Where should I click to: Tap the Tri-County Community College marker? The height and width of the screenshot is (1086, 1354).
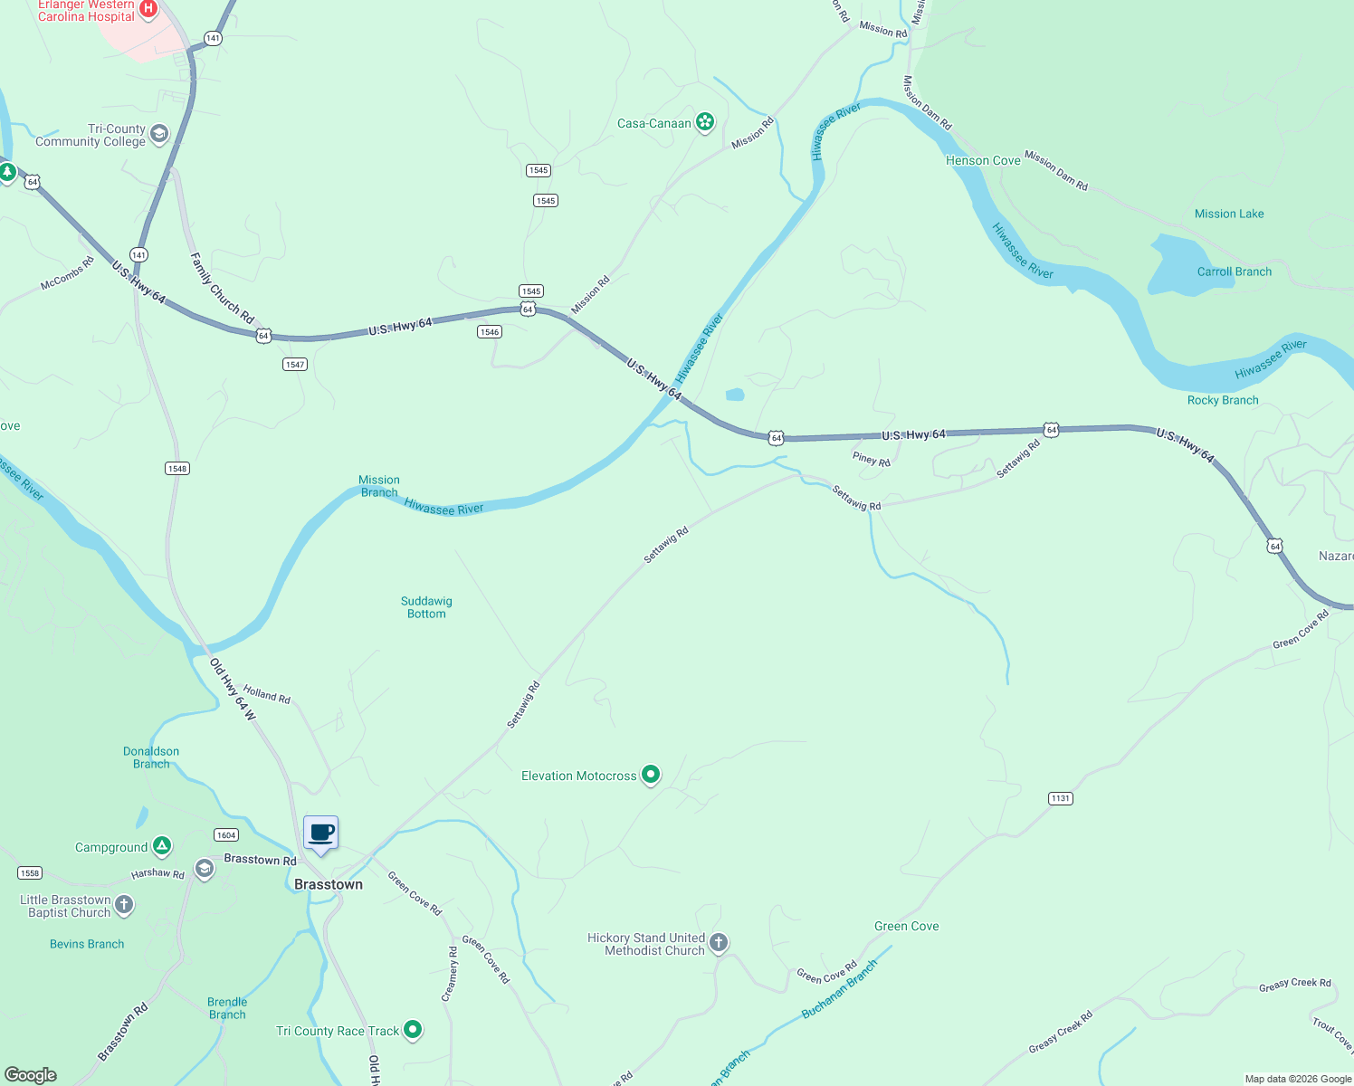point(159,135)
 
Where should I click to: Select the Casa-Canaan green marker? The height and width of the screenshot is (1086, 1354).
point(705,122)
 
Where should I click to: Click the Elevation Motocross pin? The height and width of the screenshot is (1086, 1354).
point(651,775)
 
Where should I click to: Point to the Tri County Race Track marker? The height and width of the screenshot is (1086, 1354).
point(413,1030)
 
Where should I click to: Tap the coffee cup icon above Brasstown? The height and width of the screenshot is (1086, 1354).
point(321,833)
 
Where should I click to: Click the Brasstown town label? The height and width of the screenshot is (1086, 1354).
point(329,884)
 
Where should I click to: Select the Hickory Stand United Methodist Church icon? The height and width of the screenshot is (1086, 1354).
point(719,943)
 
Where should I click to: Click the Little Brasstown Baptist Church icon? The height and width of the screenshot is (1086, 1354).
point(124,905)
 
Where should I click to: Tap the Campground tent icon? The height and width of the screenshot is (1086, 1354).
point(162,847)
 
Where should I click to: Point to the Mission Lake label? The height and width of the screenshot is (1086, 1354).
point(1229,214)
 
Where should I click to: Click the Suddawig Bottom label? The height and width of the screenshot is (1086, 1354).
point(426,607)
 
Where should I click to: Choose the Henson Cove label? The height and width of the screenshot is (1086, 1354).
point(983,160)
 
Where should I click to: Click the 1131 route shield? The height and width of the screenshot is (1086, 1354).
point(1061,798)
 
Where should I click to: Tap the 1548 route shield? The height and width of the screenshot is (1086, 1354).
point(177,468)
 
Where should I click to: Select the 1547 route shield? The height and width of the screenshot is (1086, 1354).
point(295,364)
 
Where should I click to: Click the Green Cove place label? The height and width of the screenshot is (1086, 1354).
point(906,926)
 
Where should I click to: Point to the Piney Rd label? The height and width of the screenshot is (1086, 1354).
point(872,460)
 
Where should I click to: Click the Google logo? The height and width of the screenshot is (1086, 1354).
point(31,1075)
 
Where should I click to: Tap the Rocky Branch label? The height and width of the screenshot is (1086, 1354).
point(1223,400)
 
